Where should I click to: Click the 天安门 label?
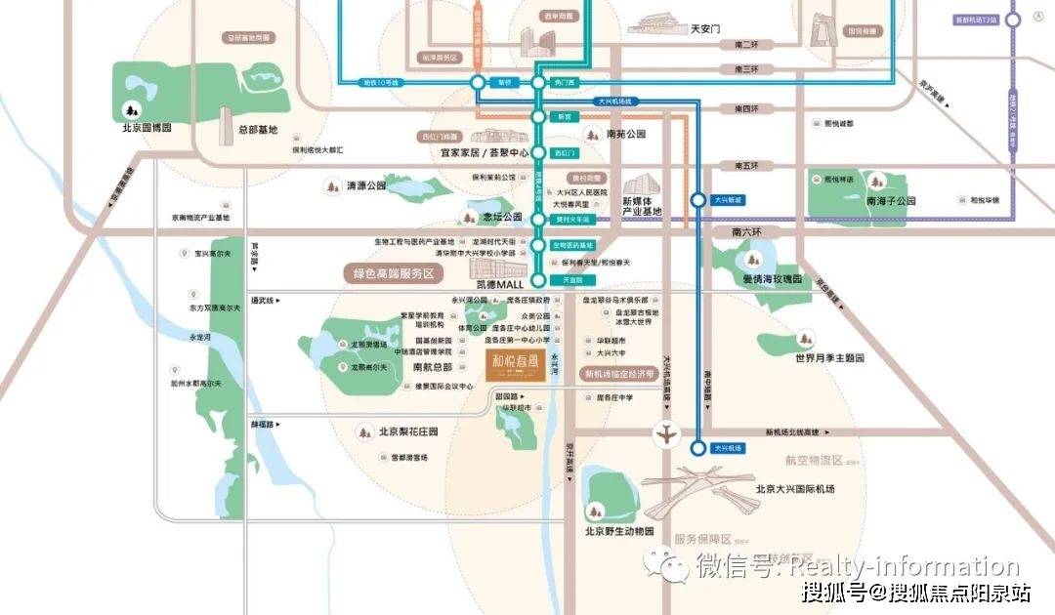(x=704, y=29)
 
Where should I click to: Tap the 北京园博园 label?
(x=147, y=127)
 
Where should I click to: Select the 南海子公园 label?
(x=890, y=200)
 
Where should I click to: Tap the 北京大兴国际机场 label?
(x=795, y=488)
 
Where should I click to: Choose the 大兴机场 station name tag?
(x=729, y=448)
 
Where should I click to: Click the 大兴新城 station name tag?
(x=728, y=200)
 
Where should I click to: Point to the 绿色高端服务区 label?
(x=393, y=274)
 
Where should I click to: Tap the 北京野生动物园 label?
(x=618, y=532)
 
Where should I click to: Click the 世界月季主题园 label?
(x=829, y=358)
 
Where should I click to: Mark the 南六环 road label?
(x=752, y=232)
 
